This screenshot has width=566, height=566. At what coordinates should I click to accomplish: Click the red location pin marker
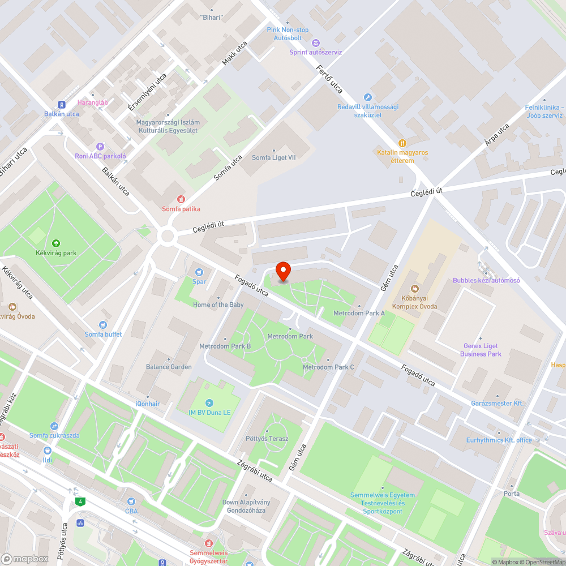282,272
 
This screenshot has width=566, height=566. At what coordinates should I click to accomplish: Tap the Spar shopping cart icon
199,272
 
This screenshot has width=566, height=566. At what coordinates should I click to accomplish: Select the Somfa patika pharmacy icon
181,199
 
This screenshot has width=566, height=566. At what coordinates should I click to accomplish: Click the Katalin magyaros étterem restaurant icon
402,143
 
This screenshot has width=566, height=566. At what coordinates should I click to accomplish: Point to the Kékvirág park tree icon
55,243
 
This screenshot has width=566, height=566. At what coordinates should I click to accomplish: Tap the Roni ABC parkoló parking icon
100,146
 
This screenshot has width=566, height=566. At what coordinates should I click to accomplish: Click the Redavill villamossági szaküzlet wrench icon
367,97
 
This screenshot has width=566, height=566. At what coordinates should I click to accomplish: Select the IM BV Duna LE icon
209,403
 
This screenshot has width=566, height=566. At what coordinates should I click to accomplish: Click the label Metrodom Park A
359,313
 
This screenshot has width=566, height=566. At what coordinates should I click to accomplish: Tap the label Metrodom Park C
328,367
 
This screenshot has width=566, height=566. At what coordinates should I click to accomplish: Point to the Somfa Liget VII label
274,157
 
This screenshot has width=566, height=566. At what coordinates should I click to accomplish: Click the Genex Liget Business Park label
481,350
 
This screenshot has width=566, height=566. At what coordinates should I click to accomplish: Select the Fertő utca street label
330,79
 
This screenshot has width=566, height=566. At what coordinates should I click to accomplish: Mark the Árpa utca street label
496,135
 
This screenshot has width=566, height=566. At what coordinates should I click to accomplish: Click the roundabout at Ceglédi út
167,236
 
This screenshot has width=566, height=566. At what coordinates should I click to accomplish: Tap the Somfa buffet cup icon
102,325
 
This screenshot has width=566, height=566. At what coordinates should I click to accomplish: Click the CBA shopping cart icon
131,501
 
